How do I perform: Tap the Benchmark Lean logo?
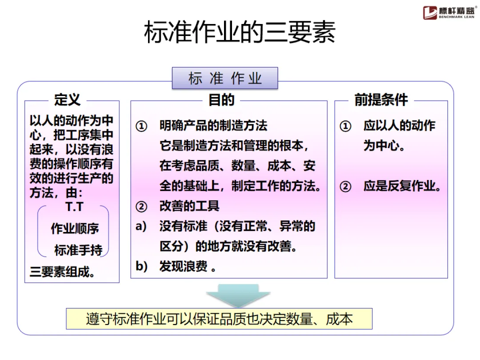click(449, 12)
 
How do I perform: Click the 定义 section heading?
click(68, 100)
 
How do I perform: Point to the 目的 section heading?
click(221, 100)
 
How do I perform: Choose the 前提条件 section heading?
click(381, 100)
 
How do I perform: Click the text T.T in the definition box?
click(74, 207)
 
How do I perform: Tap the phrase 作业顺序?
click(75, 229)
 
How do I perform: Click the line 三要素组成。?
click(62, 272)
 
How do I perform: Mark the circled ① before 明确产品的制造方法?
click(141, 127)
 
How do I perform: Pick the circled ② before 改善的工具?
click(141, 207)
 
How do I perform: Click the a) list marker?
click(141, 226)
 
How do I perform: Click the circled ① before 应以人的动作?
click(345, 127)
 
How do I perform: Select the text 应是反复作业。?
click(403, 186)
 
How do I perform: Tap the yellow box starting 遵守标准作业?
click(219, 319)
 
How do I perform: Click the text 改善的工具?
click(189, 207)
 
